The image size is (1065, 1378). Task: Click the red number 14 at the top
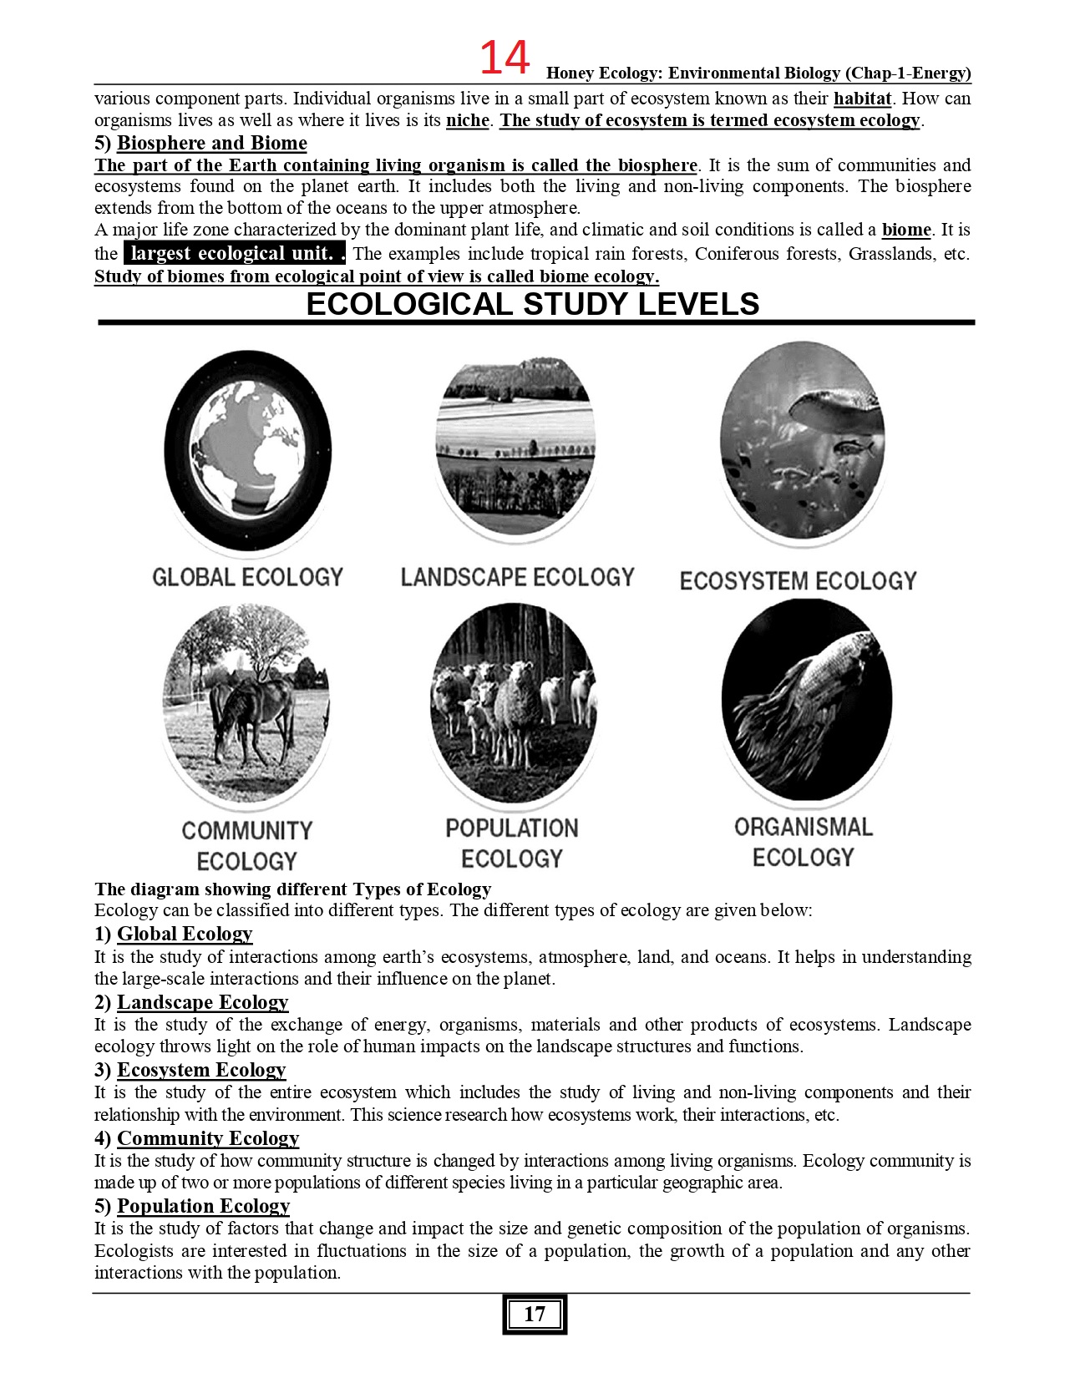pyautogui.click(x=505, y=58)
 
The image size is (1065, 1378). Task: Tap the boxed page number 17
pyautogui.click(x=535, y=1315)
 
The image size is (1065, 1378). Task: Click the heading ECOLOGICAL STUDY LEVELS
pyautogui.click(x=533, y=304)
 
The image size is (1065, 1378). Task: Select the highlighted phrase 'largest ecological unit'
pyautogui.click(x=233, y=253)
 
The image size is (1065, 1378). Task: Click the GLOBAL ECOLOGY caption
pyautogui.click(x=247, y=577)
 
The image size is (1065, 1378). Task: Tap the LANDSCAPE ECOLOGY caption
pyautogui.click(x=517, y=577)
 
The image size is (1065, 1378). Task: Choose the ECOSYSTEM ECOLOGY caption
pyautogui.click(x=798, y=580)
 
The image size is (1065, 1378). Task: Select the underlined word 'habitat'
pyautogui.click(x=862, y=99)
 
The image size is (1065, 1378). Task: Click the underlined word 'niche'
pyautogui.click(x=467, y=120)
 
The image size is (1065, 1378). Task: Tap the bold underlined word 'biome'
pyautogui.click(x=906, y=230)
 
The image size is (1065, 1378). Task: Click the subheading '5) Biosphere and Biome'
pyautogui.click(x=200, y=143)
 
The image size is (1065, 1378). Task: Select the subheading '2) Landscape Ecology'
pyautogui.click(x=191, y=1002)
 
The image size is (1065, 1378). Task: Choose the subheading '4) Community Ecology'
pyautogui.click(x=196, y=1138)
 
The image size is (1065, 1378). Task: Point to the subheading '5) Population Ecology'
pyautogui.click(x=192, y=1206)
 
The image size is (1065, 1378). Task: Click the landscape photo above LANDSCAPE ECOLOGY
pyautogui.click(x=515, y=447)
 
